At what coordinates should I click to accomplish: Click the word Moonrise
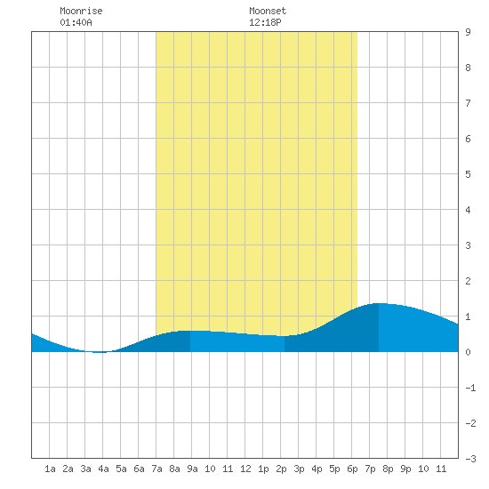pyautogui.click(x=81, y=11)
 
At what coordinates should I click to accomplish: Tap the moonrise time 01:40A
pyautogui.click(x=76, y=22)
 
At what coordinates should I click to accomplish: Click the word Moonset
pyautogui.click(x=268, y=11)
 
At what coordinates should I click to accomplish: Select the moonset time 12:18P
pyautogui.click(x=265, y=22)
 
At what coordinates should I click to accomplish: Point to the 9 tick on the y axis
pyautogui.click(x=468, y=32)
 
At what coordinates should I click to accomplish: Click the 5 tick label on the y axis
pyautogui.click(x=468, y=174)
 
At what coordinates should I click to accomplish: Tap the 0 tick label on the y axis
pyautogui.click(x=468, y=352)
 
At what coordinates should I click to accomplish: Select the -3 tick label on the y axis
pyautogui.click(x=470, y=459)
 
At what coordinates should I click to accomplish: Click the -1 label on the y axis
pyautogui.click(x=470, y=388)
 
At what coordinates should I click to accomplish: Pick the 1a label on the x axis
pyautogui.click(x=50, y=469)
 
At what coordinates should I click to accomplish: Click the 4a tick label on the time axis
pyautogui.click(x=103, y=469)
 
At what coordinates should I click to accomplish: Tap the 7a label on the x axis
pyautogui.click(x=156, y=469)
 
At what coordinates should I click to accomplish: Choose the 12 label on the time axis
pyautogui.click(x=245, y=469)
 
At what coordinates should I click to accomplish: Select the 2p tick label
pyautogui.click(x=281, y=469)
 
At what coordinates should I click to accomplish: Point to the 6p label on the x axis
pyautogui.click(x=352, y=469)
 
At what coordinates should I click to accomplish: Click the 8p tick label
pyautogui.click(x=388, y=469)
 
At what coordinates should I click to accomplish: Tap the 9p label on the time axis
pyautogui.click(x=405, y=469)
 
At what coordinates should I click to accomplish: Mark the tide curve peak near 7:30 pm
pyautogui.click(x=379, y=303)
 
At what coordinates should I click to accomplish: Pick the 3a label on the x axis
pyautogui.click(x=85, y=469)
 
